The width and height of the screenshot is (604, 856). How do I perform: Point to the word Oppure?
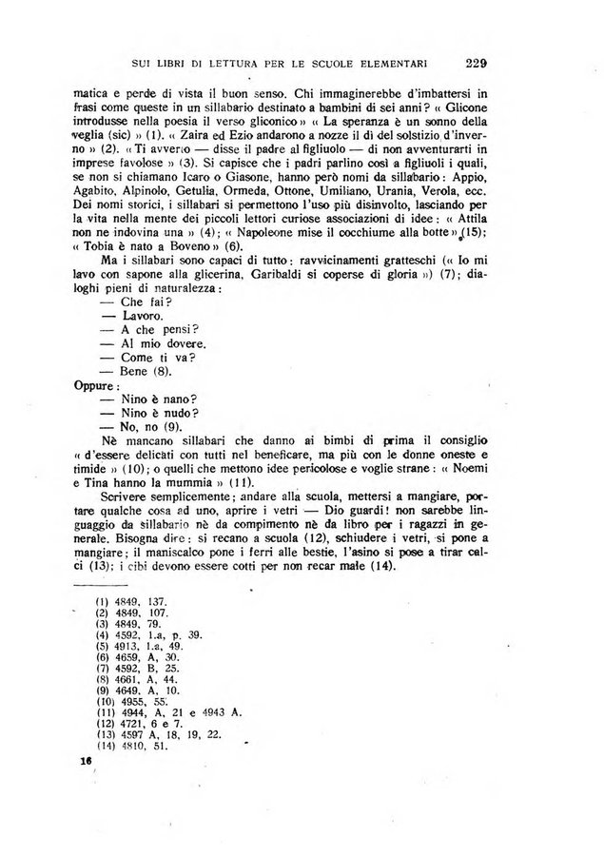click(x=94, y=387)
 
